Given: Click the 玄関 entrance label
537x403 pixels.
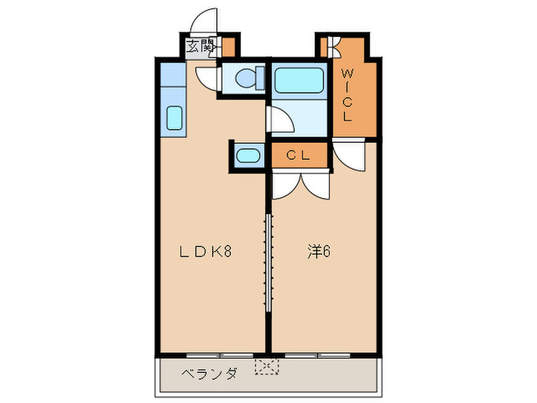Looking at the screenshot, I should (x=201, y=46).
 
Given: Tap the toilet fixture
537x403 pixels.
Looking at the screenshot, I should (x=244, y=78).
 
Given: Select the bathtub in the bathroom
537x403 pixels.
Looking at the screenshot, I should (x=300, y=79).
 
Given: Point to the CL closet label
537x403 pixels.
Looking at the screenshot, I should (x=298, y=155).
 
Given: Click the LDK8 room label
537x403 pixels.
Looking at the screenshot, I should (x=206, y=251).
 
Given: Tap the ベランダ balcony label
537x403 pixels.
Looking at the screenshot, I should (x=209, y=374).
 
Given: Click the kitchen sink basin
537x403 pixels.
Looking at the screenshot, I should (x=173, y=119).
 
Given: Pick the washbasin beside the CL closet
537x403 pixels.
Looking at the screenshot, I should (x=248, y=156).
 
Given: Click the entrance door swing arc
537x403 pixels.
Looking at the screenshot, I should (x=205, y=21).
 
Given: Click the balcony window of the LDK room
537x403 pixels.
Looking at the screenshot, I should (x=220, y=355).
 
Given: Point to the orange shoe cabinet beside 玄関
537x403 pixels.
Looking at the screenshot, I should (x=228, y=46).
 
